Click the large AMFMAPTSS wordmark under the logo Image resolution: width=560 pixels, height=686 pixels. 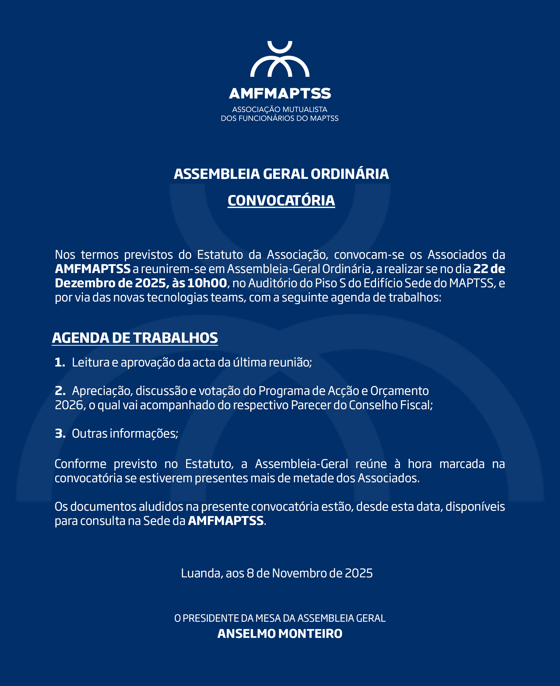point(280,93)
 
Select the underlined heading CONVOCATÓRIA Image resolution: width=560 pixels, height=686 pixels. point(281,201)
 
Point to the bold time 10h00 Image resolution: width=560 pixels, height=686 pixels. point(207,283)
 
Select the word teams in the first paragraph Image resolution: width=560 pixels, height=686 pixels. point(228,297)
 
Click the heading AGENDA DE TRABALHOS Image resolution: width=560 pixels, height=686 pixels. point(135,338)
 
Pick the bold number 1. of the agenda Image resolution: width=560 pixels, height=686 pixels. point(60,362)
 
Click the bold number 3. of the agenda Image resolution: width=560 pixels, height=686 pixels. point(60,433)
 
